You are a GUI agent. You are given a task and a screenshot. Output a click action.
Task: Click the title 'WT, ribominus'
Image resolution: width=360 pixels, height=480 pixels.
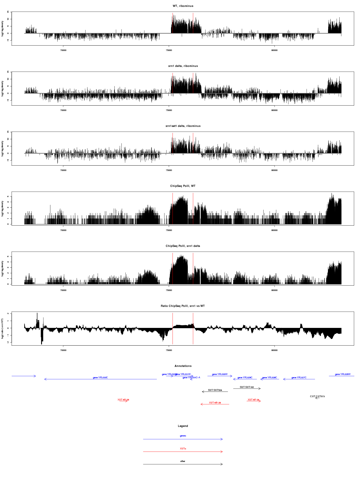click(x=183, y=6)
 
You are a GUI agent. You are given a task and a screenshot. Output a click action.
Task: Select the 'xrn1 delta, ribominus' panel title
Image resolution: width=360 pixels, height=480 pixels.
click(x=183, y=66)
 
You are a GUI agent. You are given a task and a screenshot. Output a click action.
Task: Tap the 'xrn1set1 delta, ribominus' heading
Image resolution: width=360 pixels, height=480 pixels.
click(x=183, y=126)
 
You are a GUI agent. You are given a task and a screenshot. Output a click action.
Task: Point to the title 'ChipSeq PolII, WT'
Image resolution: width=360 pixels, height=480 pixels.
click(x=183, y=186)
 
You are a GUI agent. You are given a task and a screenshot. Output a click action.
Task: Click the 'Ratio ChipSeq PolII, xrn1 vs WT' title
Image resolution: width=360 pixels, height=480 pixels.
click(x=183, y=306)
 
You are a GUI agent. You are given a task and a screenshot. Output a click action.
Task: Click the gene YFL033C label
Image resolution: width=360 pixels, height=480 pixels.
click(x=100, y=377)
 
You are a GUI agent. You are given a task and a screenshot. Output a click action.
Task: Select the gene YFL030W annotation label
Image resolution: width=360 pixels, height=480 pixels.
click(x=220, y=374)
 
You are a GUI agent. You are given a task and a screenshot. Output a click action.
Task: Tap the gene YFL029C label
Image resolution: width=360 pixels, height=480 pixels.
click(x=245, y=378)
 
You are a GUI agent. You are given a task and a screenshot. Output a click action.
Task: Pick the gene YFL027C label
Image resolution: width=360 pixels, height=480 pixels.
click(x=299, y=378)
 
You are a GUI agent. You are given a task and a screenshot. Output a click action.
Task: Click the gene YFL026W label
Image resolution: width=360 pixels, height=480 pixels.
click(x=343, y=374)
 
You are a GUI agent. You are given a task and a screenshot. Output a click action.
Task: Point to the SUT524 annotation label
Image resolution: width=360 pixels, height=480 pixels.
click(x=215, y=390)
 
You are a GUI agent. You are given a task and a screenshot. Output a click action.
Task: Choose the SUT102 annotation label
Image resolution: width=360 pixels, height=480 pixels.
click(x=247, y=387)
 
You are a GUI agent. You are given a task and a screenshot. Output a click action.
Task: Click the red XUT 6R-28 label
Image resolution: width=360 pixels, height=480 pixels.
click(x=215, y=403)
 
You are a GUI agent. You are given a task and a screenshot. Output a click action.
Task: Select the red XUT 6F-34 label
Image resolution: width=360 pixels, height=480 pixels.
click(x=253, y=400)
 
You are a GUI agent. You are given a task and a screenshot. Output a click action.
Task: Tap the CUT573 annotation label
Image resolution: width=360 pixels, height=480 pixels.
click(x=317, y=397)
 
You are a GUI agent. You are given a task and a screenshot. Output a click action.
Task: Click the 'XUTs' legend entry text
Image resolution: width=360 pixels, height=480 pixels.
click(x=183, y=448)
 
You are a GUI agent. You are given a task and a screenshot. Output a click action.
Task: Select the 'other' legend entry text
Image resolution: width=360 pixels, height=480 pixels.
click(x=183, y=461)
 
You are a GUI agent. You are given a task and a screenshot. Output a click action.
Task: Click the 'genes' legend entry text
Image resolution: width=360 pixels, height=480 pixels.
click(x=183, y=436)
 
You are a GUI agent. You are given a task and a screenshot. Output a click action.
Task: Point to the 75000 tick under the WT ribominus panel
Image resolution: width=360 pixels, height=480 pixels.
click(x=169, y=50)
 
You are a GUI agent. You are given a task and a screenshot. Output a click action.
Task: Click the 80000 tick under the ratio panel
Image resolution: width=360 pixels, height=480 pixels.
click(x=274, y=350)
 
